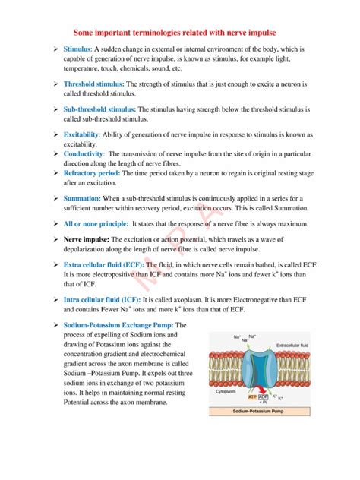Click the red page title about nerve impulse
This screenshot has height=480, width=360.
(x=179, y=33)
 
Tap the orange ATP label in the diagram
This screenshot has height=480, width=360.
(x=252, y=396)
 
